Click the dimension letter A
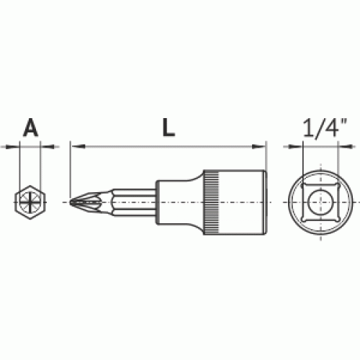tap(30, 127)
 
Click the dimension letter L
tap(168, 127)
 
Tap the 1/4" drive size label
tap(325, 127)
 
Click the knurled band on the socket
tap(212, 202)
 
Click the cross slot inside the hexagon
tap(30, 202)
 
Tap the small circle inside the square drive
tap(318, 202)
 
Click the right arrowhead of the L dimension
tap(258, 146)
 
